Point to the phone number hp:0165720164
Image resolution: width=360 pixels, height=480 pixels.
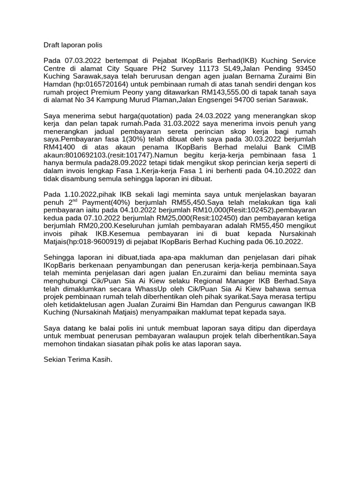pyautogui.click(x=99, y=84)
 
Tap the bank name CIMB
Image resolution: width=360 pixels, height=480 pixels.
pyautogui.click(x=306, y=148)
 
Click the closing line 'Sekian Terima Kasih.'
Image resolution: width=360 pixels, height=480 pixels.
pyautogui.click(x=78, y=360)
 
